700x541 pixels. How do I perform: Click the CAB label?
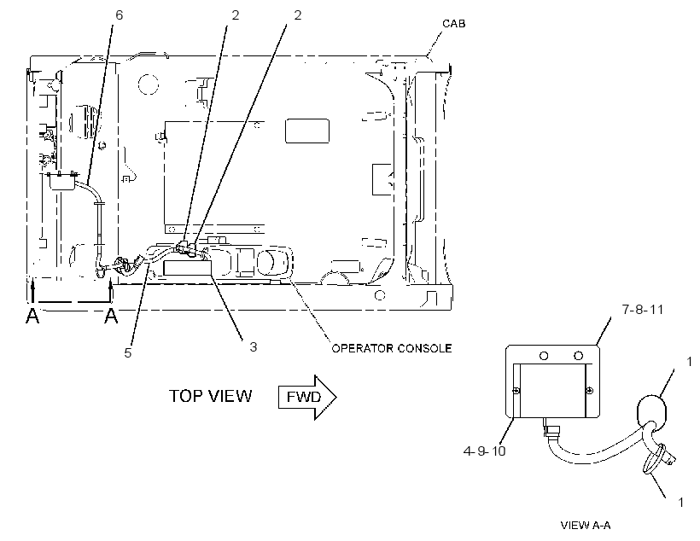click(453, 23)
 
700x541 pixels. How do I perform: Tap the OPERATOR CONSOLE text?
click(392, 348)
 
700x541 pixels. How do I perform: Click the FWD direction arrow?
click(307, 397)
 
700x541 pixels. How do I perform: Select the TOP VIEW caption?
click(210, 396)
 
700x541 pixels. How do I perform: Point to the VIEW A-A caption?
click(586, 526)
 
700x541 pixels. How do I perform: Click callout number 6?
click(120, 15)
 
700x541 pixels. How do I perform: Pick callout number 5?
click(128, 353)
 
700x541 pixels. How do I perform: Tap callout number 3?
click(254, 346)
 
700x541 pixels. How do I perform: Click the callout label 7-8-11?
click(643, 310)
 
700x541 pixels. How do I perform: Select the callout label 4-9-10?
click(484, 451)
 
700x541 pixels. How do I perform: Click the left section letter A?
click(32, 316)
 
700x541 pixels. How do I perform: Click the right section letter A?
click(111, 316)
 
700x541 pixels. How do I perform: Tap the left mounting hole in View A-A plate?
click(544, 356)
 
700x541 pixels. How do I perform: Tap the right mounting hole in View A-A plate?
click(578, 356)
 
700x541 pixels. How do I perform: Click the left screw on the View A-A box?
click(516, 391)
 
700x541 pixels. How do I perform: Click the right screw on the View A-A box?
click(590, 391)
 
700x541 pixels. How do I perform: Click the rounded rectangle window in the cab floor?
click(307, 131)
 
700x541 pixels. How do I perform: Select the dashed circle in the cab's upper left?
click(149, 84)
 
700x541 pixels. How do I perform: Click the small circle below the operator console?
click(380, 295)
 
